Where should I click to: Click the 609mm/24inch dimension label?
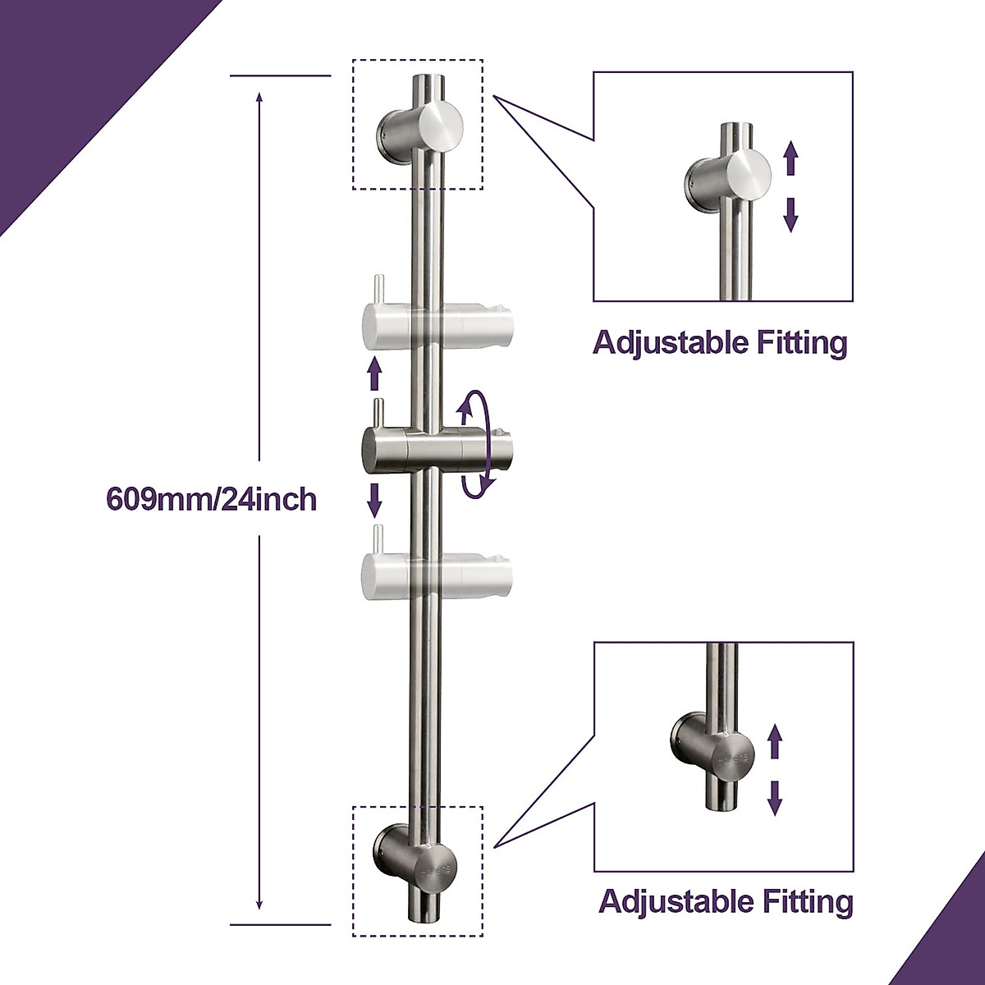(x=212, y=499)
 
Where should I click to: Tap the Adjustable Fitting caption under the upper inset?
(x=720, y=342)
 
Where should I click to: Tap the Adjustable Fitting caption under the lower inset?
(x=726, y=901)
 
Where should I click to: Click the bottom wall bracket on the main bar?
(x=420, y=859)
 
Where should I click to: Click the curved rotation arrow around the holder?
(x=479, y=444)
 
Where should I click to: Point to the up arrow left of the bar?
(x=375, y=373)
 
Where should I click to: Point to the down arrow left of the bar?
(x=375, y=497)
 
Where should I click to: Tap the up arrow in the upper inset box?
(x=790, y=158)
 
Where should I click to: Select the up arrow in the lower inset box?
(x=773, y=744)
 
